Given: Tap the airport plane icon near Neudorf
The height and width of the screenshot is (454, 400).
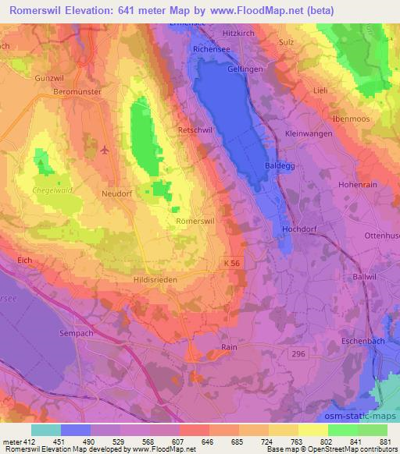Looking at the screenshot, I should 105,151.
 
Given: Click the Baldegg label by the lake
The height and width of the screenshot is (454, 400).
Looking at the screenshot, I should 280,166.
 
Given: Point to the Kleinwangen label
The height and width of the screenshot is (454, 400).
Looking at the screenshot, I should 309,133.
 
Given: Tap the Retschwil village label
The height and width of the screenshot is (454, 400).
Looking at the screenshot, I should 195,130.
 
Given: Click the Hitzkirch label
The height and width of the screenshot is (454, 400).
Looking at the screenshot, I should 240,34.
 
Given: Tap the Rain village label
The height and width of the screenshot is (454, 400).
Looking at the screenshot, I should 229,347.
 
